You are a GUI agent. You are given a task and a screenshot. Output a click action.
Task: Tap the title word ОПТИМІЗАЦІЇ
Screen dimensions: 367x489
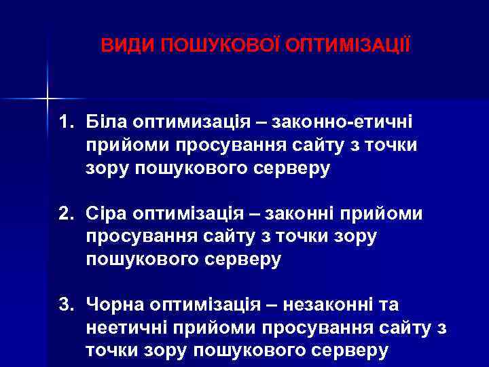click(x=348, y=46)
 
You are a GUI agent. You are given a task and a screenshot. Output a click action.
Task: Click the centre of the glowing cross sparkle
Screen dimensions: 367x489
click(x=48, y=99)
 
